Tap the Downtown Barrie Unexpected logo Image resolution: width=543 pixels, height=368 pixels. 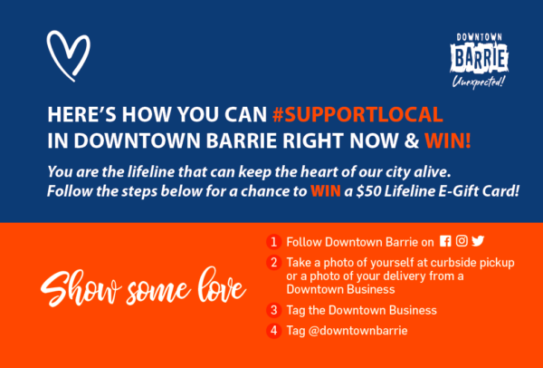click(480, 61)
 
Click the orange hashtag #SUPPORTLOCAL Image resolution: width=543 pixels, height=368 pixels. click(357, 115)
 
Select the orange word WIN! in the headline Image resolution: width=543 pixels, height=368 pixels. click(448, 142)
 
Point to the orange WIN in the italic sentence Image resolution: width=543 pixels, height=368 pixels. click(326, 190)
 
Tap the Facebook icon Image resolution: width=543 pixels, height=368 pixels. click(445, 241)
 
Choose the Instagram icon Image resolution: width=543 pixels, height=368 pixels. click(462, 241)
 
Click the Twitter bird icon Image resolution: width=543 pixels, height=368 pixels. click(478, 241)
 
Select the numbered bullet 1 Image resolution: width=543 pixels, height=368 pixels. click(273, 242)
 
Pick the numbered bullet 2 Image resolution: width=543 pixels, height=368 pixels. click(273, 263)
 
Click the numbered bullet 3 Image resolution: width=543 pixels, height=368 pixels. click(273, 310)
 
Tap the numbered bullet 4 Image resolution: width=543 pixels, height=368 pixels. click(273, 331)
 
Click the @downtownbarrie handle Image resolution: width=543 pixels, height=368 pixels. click(357, 331)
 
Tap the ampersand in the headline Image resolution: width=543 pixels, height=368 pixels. click(413, 142)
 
